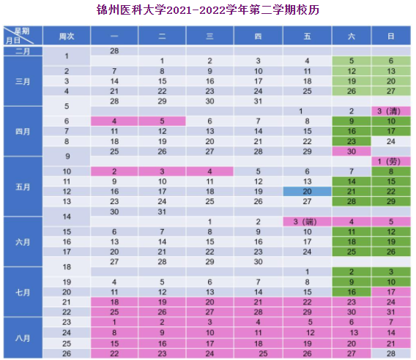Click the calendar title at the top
208,10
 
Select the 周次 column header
67,36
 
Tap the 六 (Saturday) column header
352,36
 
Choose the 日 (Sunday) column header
391,36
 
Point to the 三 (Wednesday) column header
210,36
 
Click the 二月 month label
23,51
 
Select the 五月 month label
23,187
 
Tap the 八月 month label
23,338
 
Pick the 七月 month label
23,293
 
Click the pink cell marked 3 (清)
391,111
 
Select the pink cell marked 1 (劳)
391,162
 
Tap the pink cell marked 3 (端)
307,222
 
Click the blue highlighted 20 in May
307,192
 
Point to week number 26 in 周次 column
67,353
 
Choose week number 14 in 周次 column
67,217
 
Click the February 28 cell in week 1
114,51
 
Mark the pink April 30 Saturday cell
352,151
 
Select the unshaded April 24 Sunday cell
391,141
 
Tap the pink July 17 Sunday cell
391,292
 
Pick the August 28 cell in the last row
391,353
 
